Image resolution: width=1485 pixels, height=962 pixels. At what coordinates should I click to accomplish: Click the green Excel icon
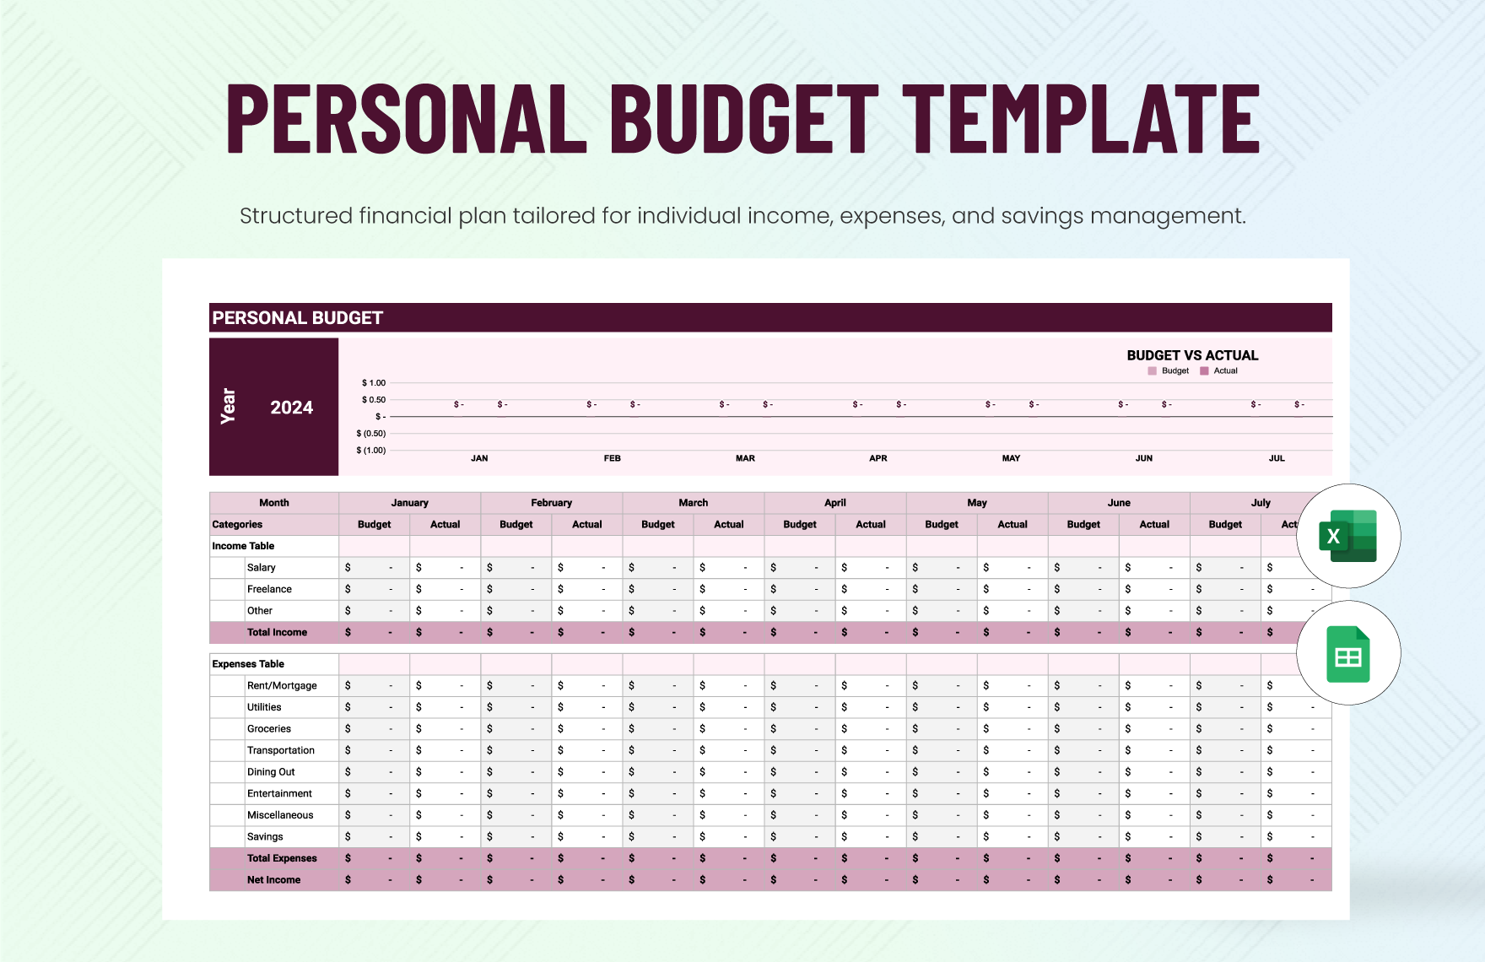click(x=1347, y=536)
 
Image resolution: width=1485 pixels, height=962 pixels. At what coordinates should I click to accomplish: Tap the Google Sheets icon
click(x=1347, y=654)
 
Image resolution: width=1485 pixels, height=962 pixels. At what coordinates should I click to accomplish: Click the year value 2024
click(x=291, y=408)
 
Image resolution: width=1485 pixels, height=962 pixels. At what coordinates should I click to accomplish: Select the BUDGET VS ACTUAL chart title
click(x=1191, y=355)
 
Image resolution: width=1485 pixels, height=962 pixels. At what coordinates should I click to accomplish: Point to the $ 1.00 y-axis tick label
click(x=373, y=383)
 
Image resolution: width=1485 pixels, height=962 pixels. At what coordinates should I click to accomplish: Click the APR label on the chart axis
click(x=877, y=458)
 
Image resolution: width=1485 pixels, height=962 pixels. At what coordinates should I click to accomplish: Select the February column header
click(x=551, y=503)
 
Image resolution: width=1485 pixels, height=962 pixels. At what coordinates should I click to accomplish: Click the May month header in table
click(x=976, y=503)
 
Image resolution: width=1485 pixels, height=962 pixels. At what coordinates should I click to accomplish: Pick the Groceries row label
click(x=268, y=729)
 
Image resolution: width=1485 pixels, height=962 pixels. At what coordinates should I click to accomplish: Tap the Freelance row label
click(x=269, y=589)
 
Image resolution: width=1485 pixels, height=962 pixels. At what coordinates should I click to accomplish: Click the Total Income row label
click(x=277, y=632)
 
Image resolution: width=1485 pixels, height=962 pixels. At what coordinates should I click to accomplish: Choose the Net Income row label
click(x=273, y=879)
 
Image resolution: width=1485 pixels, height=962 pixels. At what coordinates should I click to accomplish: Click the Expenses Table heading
click(x=248, y=664)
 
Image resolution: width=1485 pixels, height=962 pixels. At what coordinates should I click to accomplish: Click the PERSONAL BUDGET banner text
click(x=297, y=318)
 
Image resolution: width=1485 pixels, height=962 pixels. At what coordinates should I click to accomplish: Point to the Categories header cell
click(x=237, y=525)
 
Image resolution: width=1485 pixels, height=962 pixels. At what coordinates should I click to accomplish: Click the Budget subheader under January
click(x=374, y=525)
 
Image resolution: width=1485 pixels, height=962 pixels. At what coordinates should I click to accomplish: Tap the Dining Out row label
click(x=271, y=772)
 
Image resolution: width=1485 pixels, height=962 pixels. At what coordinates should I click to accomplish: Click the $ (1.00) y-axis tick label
click(x=370, y=451)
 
